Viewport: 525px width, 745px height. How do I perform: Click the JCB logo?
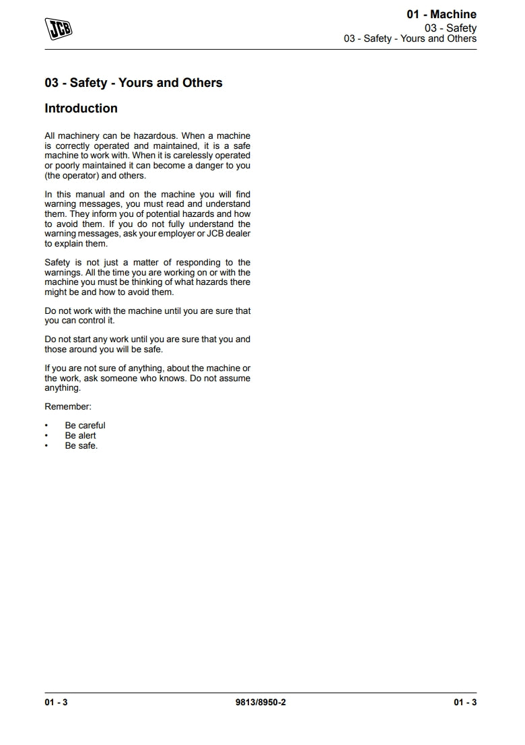click(59, 28)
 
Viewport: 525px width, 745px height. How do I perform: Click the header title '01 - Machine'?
click(441, 14)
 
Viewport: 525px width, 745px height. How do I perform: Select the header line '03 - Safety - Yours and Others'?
click(410, 38)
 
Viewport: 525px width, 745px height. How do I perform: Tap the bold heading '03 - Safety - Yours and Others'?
click(133, 83)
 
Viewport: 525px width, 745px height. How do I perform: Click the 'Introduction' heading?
click(81, 108)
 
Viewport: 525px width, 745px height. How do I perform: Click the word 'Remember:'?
click(68, 407)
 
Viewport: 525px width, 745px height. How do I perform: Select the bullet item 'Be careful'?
click(85, 426)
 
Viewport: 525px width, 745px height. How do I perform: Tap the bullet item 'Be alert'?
click(80, 436)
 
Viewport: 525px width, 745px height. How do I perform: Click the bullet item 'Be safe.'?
click(81, 446)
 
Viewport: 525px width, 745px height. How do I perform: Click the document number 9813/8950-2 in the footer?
click(261, 703)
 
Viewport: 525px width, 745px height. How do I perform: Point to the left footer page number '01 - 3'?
click(57, 703)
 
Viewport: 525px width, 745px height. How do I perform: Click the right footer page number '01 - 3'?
click(465, 703)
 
